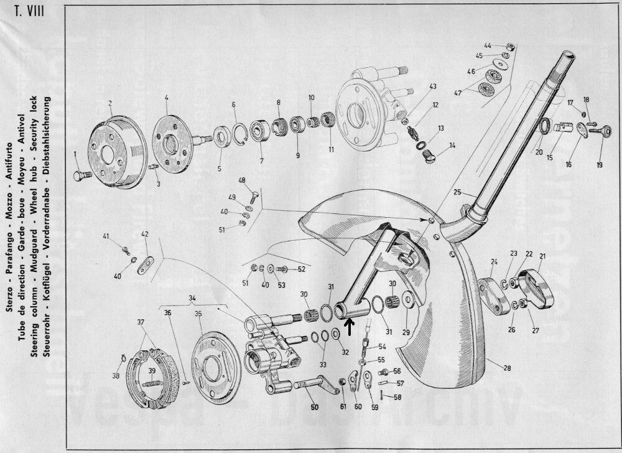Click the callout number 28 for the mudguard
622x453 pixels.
pos(507,368)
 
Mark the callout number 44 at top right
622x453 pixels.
pos(488,45)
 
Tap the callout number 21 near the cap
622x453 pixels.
pos(542,256)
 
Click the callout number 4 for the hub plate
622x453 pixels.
pos(166,98)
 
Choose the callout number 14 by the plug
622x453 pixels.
pos(452,145)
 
